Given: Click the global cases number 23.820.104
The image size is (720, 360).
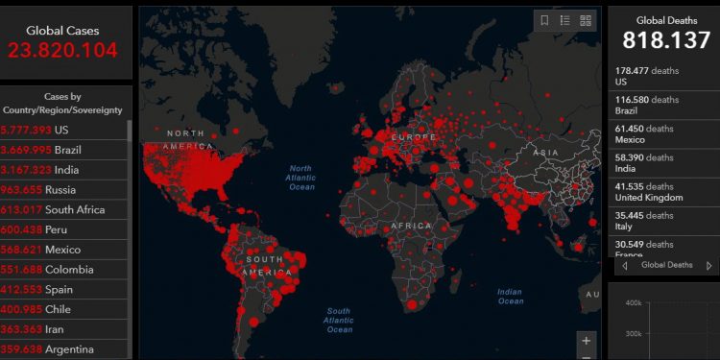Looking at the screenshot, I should pos(62,51).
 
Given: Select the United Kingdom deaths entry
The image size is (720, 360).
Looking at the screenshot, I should pos(649,192).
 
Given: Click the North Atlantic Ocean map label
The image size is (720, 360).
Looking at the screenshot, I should pos(301,178).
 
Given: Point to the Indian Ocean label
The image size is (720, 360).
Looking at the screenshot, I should pos(510,296).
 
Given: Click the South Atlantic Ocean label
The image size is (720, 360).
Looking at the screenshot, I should pos(339,321).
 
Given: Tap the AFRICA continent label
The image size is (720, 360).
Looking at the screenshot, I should pos(412,227).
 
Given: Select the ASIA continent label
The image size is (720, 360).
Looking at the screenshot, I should pos(546,153).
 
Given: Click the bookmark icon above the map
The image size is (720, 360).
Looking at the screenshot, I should pos(544,20).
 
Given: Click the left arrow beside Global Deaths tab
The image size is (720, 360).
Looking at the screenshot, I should pos(624,266).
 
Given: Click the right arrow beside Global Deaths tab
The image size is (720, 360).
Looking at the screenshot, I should pos(708,266).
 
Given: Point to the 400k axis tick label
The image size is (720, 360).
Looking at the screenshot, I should pos(634,303).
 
